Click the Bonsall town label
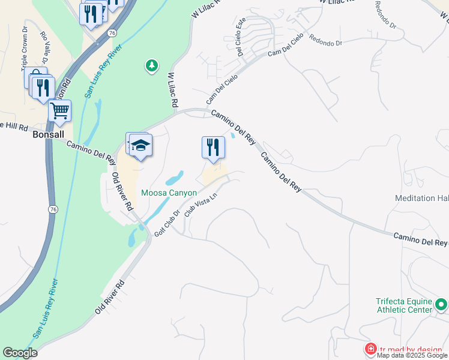point(48,135)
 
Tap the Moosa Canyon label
point(169,193)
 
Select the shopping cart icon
point(59,110)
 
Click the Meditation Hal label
point(422,198)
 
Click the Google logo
point(20,353)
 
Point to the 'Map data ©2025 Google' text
point(412,356)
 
